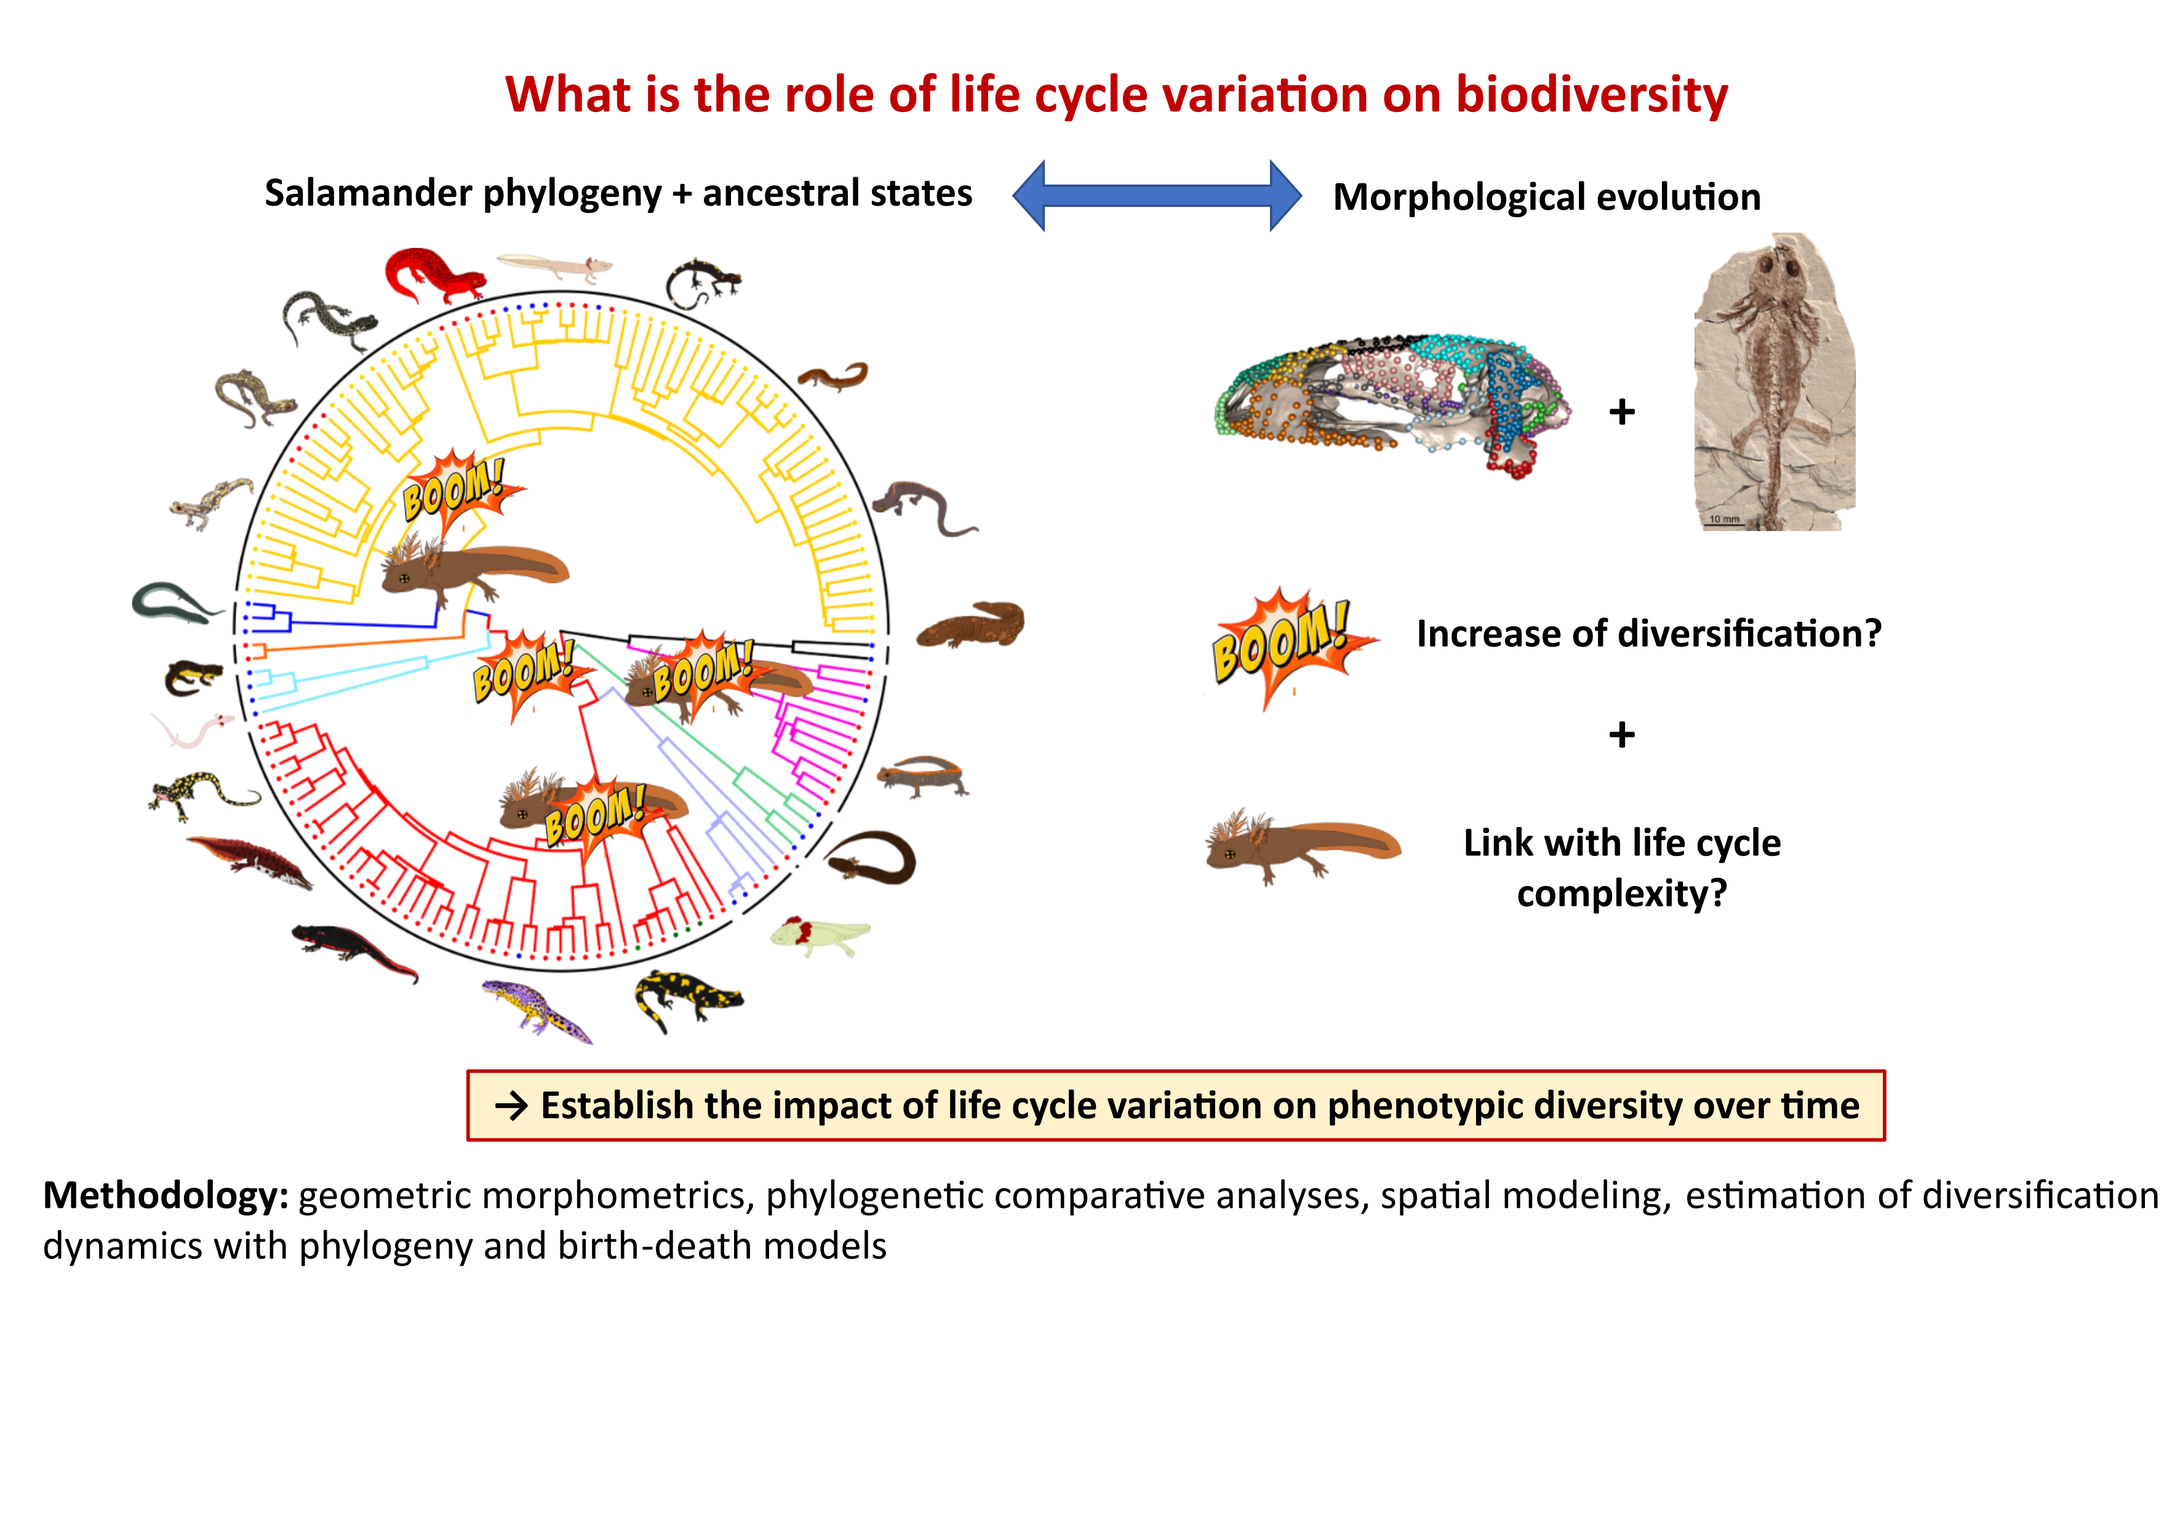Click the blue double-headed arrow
pos(1156,196)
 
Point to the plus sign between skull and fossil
pos(1621,412)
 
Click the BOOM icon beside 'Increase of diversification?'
pos(1290,648)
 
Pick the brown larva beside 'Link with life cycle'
pos(1302,845)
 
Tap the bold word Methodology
pos(166,1196)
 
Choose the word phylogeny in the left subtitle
pos(572,194)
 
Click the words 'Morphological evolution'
pos(1547,197)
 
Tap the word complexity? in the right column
pos(1621,893)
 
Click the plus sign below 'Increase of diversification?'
pos(1621,734)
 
